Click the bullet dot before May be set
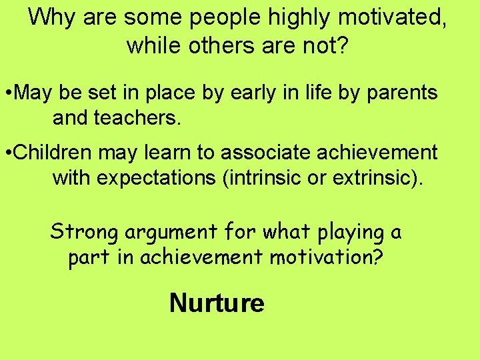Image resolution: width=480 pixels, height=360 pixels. click(7, 93)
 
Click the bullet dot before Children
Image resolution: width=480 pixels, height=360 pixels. click(7, 153)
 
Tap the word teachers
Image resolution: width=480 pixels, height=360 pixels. click(139, 119)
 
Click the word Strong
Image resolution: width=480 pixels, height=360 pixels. click(84, 232)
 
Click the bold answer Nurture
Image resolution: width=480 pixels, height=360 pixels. click(217, 303)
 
